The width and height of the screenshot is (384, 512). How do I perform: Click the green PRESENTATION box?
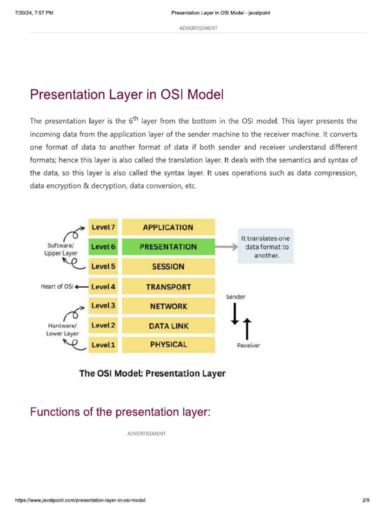(x=168, y=246)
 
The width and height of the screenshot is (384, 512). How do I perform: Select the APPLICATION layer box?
(x=168, y=227)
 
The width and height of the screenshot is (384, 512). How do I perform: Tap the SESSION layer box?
(x=168, y=266)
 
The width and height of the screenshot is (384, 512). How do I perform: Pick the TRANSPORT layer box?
(x=168, y=287)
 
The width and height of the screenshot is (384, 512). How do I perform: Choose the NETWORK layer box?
(x=168, y=306)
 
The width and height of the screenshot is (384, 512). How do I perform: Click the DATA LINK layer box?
(x=168, y=325)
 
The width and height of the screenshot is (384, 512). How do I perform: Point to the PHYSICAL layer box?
(x=168, y=344)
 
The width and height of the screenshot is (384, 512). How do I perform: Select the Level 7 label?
(x=103, y=227)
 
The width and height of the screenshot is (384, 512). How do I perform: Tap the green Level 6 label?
(x=103, y=246)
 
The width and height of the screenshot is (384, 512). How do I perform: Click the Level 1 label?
(x=103, y=344)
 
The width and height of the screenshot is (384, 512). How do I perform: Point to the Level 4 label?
(x=103, y=287)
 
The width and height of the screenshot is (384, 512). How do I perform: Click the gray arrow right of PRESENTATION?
(x=226, y=246)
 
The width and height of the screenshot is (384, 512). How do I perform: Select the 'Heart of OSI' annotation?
(x=57, y=286)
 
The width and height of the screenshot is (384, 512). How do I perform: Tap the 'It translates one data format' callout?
(x=265, y=246)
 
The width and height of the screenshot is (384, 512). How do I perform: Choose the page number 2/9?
(x=365, y=500)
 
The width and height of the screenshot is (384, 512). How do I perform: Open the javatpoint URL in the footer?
(x=80, y=500)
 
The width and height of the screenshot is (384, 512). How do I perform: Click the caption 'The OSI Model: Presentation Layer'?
(x=152, y=373)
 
